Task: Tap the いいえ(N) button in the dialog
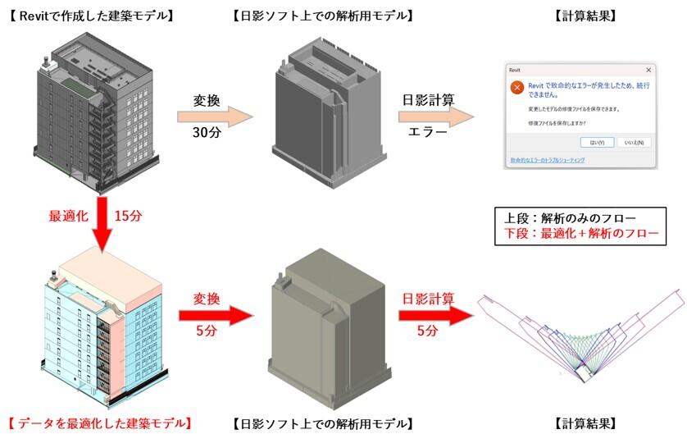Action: [x=632, y=142]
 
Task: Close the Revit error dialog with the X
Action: [x=648, y=71]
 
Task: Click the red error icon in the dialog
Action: [x=516, y=88]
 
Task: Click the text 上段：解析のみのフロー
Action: [x=566, y=217]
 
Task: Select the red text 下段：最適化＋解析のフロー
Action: [x=581, y=234]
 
